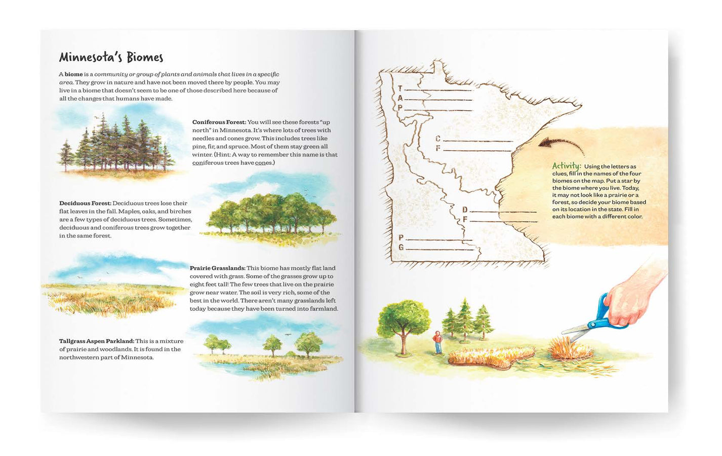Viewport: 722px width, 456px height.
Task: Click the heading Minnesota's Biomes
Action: (x=111, y=57)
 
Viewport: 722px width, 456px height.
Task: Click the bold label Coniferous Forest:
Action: (x=219, y=122)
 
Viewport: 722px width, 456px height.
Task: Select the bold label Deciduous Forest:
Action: (x=85, y=203)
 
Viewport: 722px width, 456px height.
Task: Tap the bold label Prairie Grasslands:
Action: (x=217, y=268)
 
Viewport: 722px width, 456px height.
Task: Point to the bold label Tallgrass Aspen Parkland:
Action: (x=97, y=341)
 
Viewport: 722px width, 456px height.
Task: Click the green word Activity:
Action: (x=566, y=166)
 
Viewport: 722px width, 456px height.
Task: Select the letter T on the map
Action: (x=400, y=89)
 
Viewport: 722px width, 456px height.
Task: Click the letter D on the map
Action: (x=464, y=210)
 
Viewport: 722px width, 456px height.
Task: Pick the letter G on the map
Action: (x=401, y=247)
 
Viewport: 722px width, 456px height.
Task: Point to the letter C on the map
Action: (x=438, y=139)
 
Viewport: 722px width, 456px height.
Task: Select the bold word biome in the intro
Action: (x=73, y=74)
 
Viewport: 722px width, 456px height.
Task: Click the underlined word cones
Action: (x=263, y=162)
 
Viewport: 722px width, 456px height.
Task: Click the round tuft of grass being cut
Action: (x=571, y=350)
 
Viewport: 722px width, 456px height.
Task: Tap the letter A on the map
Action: (x=400, y=98)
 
